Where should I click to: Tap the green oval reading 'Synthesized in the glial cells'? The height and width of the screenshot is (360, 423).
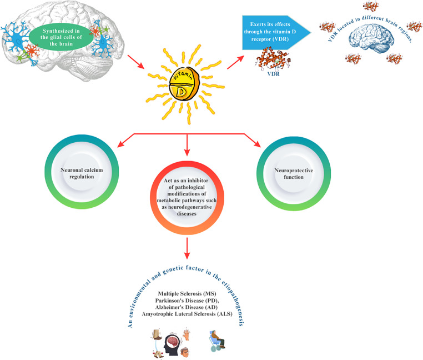tap(59, 37)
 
